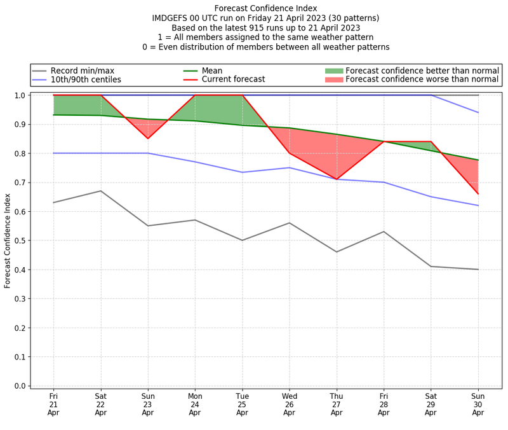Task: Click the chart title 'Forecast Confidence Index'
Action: pos(265,8)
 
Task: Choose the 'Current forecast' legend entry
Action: pos(233,80)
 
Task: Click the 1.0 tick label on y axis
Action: pos(20,95)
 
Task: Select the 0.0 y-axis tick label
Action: pos(20,386)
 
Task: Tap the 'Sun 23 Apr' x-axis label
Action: pos(148,403)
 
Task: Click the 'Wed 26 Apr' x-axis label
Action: pos(290,403)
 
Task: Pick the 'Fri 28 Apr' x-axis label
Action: pos(384,403)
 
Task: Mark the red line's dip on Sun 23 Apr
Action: pos(148,139)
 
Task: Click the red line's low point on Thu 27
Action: pos(337,179)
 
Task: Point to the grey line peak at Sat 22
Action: pos(101,191)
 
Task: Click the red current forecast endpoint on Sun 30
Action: pos(478,193)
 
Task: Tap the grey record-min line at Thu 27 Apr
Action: pos(337,252)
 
